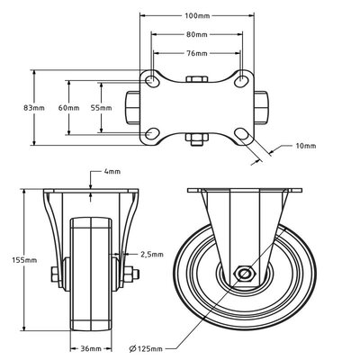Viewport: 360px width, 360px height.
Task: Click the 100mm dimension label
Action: click(197, 15)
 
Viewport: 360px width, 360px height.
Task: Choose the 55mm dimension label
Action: click(101, 108)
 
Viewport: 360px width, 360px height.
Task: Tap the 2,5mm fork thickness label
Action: click(153, 255)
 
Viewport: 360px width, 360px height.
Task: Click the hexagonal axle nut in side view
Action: click(244, 274)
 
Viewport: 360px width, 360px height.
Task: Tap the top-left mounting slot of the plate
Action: click(152, 82)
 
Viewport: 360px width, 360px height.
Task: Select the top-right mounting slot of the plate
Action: click(242, 82)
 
